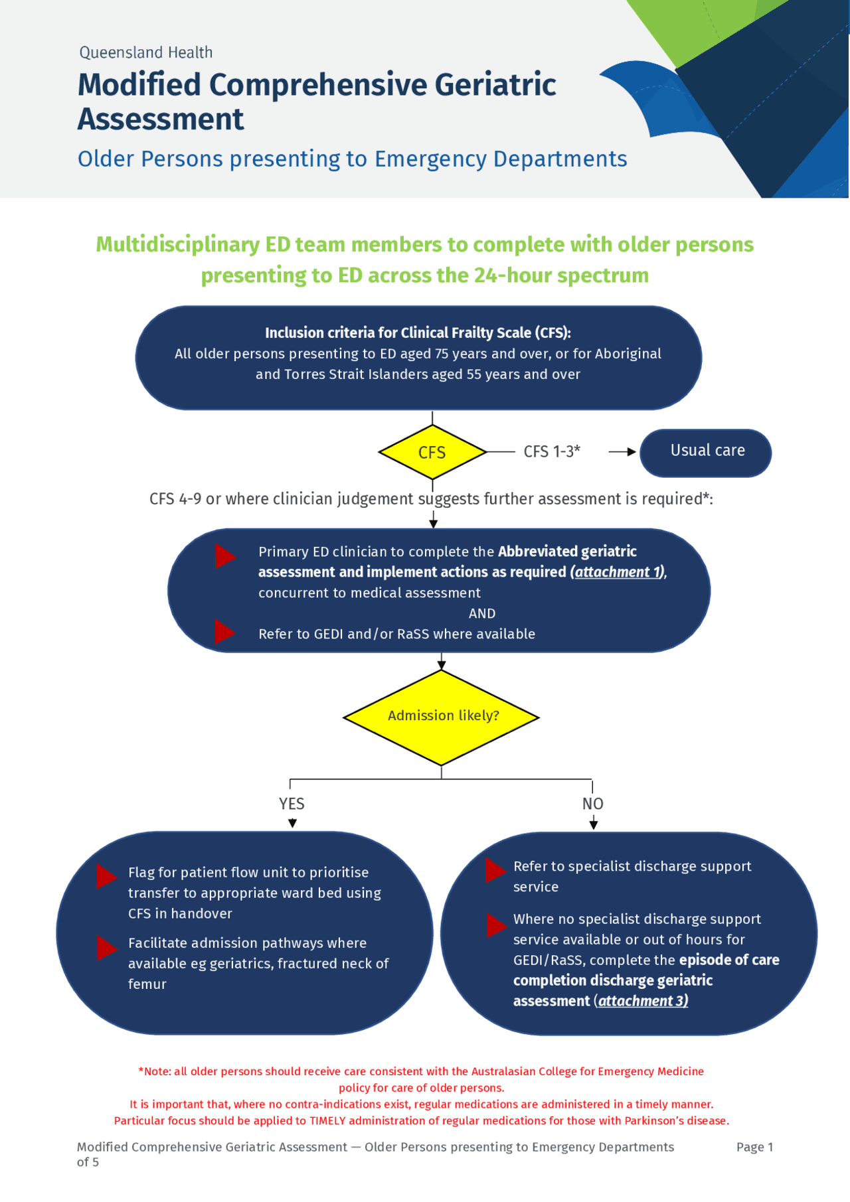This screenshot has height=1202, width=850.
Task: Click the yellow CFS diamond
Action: pyautogui.click(x=432, y=452)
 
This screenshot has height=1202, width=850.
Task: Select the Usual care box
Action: pyautogui.click(x=706, y=453)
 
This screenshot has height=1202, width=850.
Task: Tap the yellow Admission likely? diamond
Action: pyautogui.click(x=441, y=717)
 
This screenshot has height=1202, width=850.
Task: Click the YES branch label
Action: pyautogui.click(x=292, y=804)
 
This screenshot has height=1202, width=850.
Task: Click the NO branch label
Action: pyautogui.click(x=593, y=804)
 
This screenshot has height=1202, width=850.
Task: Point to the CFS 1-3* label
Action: pyautogui.click(x=552, y=452)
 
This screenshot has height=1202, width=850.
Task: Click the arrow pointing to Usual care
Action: pyautogui.click(x=622, y=452)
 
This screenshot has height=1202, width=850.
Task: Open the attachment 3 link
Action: pyautogui.click(x=643, y=1001)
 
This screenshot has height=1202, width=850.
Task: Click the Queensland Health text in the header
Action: pyautogui.click(x=146, y=52)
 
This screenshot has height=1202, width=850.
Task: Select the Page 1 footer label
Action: pyautogui.click(x=754, y=1147)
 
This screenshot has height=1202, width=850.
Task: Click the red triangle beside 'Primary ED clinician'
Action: pyautogui.click(x=224, y=556)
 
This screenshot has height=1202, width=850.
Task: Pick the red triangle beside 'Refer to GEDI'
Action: pyautogui.click(x=224, y=632)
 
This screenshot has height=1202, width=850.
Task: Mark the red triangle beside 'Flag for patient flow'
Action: pyautogui.click(x=106, y=876)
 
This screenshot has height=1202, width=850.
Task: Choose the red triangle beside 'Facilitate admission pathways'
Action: pyautogui.click(x=106, y=948)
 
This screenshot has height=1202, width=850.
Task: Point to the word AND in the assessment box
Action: pyautogui.click(x=482, y=613)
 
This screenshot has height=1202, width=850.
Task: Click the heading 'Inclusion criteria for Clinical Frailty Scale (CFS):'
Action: pyautogui.click(x=418, y=333)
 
